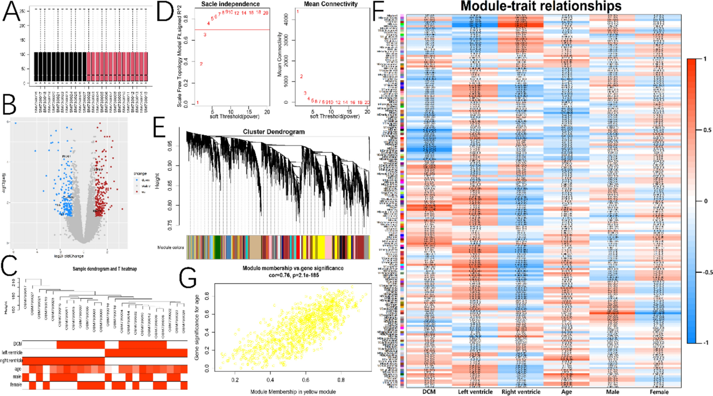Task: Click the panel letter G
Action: [188, 279]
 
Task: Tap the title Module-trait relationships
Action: [541, 6]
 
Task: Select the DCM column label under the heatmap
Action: [429, 392]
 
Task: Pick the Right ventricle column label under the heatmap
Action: [521, 392]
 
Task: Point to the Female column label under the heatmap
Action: [659, 392]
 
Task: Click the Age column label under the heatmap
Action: [566, 392]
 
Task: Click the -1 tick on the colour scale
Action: [705, 343]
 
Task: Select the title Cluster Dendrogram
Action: [274, 132]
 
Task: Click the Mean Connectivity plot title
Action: [330, 4]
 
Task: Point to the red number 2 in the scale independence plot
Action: [201, 64]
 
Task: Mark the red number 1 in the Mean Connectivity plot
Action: [298, 12]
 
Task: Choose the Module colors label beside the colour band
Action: [170, 247]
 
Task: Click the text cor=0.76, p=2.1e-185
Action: [293, 275]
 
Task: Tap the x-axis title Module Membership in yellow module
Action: [293, 392]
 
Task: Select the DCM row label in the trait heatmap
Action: [17, 344]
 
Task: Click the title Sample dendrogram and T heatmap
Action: [104, 269]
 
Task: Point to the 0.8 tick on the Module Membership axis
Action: [341, 380]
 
